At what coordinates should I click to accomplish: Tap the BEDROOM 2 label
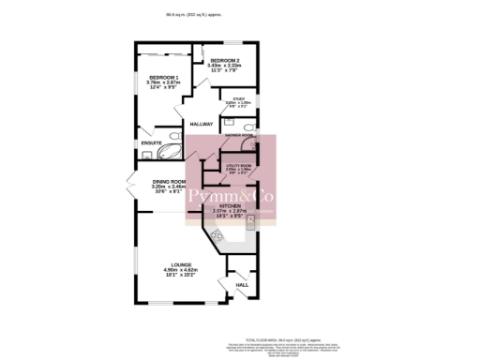pyautogui.click(x=225, y=60)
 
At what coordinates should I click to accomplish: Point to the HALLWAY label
pyautogui.click(x=202, y=124)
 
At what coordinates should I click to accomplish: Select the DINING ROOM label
pyautogui.click(x=170, y=181)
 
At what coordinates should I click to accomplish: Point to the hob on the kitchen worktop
pyautogui.click(x=217, y=236)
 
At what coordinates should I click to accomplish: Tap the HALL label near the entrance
pyautogui.click(x=241, y=284)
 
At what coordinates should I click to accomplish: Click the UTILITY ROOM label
pyautogui.click(x=239, y=165)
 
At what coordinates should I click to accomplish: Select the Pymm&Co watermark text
pyautogui.click(x=228, y=196)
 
